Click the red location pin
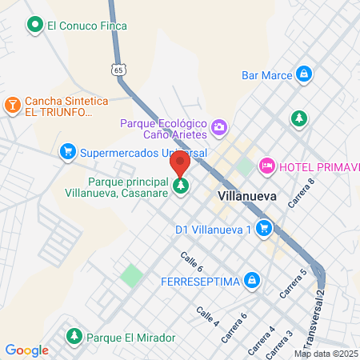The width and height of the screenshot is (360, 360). point(180,164)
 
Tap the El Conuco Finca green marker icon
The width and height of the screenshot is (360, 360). point(34,26)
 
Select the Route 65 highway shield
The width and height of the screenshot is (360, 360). point(119,70)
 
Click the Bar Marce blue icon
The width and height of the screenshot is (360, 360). point(303,75)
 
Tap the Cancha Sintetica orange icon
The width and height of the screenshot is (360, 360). point(13,105)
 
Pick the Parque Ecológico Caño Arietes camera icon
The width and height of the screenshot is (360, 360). point(218,126)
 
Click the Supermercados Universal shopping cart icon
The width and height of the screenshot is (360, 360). point(68,151)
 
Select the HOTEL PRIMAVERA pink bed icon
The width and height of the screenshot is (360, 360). point(267,166)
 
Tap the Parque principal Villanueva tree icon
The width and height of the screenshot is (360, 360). point(181,187)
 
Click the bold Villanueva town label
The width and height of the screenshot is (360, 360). point(247,194)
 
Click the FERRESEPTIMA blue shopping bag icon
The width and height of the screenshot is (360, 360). point(252,280)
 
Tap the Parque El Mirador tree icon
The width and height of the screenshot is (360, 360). point(74,337)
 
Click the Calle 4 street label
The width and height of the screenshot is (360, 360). point(207,316)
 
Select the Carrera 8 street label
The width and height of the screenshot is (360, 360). point(302,193)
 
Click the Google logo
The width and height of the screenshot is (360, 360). point(26,350)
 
